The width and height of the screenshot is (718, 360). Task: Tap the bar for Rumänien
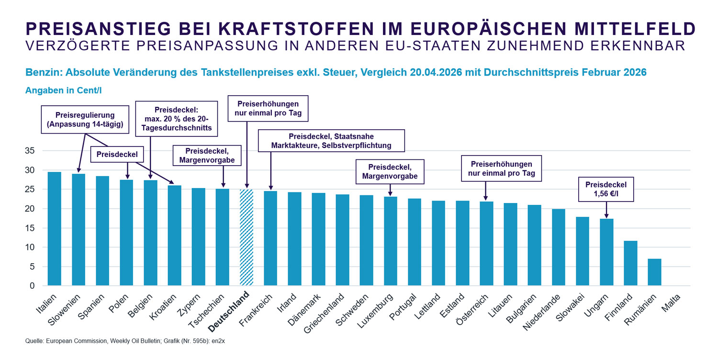pyautogui.click(x=654, y=272)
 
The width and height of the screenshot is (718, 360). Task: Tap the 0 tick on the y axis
pyautogui.click(x=32, y=286)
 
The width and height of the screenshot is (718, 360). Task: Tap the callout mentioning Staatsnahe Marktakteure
pyautogui.click(x=331, y=141)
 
